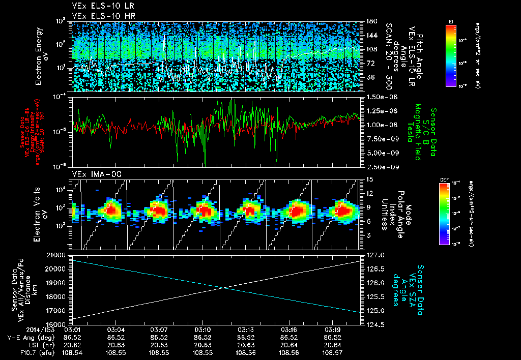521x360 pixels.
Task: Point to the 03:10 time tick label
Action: [x=202, y=329]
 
